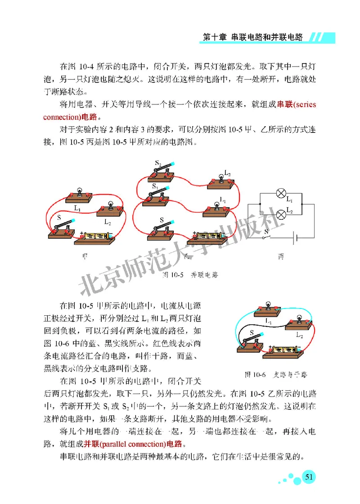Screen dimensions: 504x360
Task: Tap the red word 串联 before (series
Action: coord(286,105)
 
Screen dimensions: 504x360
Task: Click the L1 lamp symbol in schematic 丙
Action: coord(281,195)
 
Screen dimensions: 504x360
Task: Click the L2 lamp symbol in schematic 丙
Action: coord(281,213)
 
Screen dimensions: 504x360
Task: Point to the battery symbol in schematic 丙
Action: coord(295,238)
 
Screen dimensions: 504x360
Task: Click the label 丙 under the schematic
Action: coord(281,257)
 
